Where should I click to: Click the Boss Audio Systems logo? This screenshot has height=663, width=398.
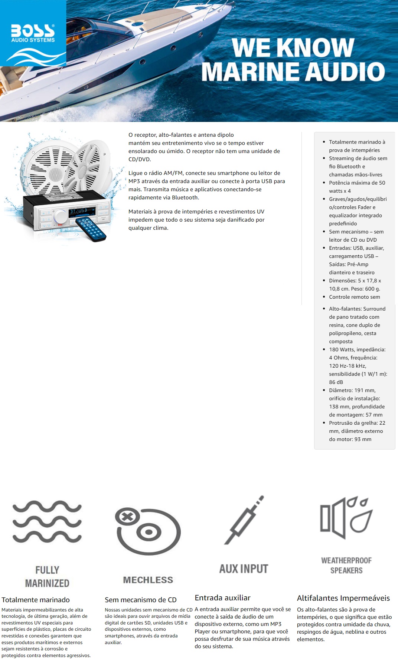[x=33, y=33]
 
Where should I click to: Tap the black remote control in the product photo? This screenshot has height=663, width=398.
[x=91, y=229]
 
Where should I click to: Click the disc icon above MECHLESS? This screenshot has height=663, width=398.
[x=148, y=531]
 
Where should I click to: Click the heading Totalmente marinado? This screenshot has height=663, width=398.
[x=36, y=600]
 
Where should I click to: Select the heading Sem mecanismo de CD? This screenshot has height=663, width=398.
[x=140, y=600]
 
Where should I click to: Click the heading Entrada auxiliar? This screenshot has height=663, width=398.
[x=222, y=597]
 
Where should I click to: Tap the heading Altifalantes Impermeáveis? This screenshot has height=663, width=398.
[x=343, y=598]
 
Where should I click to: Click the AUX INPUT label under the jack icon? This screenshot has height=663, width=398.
[x=244, y=569]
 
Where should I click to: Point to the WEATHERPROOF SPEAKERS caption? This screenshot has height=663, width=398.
[x=346, y=565]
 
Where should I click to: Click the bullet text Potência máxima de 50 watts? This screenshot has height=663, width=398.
[x=356, y=187]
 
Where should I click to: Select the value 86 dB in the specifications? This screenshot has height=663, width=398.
[x=336, y=382]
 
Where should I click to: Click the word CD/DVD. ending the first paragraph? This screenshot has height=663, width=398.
[x=140, y=159]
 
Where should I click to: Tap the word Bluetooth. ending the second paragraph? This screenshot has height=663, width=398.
[x=185, y=198]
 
